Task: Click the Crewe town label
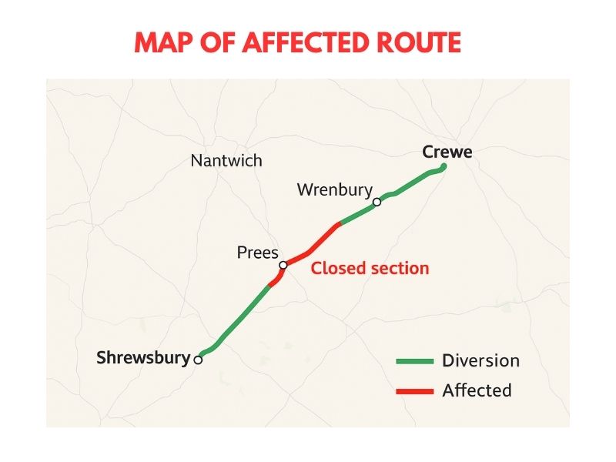tap(447, 152)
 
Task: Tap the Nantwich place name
tap(226, 161)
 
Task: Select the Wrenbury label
tap(335, 189)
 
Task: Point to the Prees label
tap(258, 253)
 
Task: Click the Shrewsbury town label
tap(143, 357)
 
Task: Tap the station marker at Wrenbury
tap(377, 203)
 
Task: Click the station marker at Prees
tap(283, 265)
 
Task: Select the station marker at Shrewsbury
tap(198, 360)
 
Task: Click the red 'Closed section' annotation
tap(370, 268)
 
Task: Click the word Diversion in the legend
tap(480, 360)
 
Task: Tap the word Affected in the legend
tap(477, 390)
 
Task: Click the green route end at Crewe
tap(444, 167)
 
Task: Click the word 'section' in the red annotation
tap(400, 268)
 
